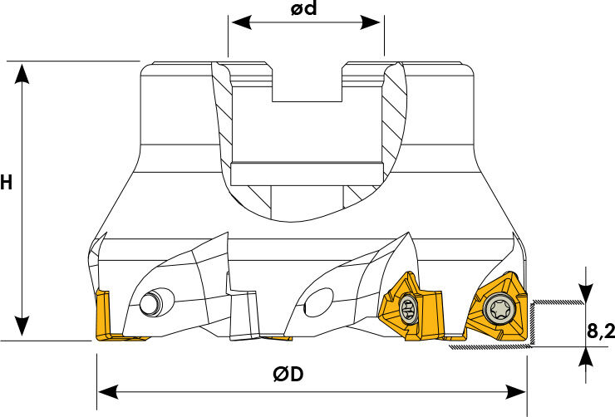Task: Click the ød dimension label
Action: tap(303, 8)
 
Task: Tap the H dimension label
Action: tap(7, 183)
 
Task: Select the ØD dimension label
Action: tap(288, 375)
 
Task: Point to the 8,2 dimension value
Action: tap(601, 331)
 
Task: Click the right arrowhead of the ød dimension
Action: tap(371, 22)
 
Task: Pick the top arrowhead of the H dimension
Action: tap(22, 74)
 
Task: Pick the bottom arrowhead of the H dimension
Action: tap(22, 326)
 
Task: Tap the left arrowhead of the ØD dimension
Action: tap(108, 392)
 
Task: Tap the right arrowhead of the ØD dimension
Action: tap(516, 392)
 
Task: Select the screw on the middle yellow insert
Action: tap(409, 310)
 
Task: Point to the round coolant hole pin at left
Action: tap(151, 303)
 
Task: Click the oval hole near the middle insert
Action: tap(318, 302)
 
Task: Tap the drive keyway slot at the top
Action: tap(307, 82)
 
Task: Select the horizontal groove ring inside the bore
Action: tap(307, 174)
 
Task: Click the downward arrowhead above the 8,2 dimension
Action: tap(586, 292)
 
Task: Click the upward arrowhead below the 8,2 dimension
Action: tap(586, 357)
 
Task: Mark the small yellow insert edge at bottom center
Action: tap(277, 338)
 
